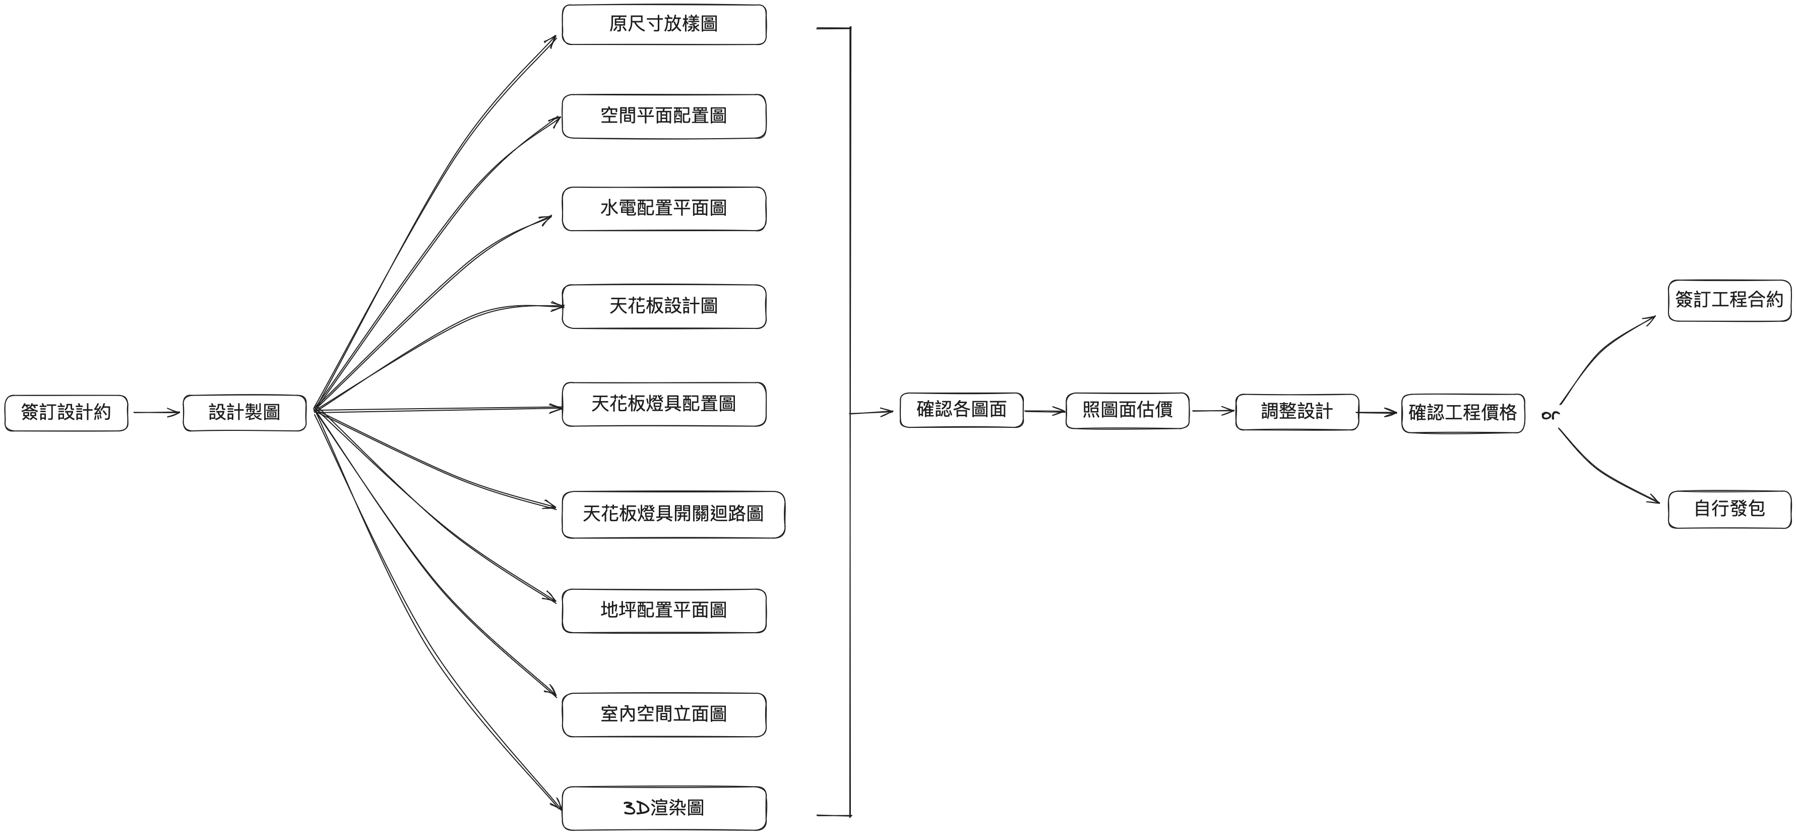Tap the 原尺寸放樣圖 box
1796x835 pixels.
(664, 24)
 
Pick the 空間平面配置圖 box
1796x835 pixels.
(664, 116)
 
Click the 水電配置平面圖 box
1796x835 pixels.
(664, 208)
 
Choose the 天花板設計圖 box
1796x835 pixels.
(664, 306)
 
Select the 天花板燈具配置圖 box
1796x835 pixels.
(664, 404)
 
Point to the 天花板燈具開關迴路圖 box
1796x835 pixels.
(673, 514)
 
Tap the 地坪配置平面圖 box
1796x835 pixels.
(664, 610)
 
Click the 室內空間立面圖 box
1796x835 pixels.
(664, 714)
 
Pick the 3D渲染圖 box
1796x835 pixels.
(664, 808)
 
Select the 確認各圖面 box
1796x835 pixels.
(961, 410)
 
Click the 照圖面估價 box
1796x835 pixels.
(1128, 410)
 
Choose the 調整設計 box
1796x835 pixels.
(1297, 412)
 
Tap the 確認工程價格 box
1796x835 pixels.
(1463, 413)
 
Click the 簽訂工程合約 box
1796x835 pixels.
(1729, 300)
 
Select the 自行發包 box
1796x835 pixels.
(1729, 509)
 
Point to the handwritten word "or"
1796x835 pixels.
(1550, 415)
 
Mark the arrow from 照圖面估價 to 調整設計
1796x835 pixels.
(1213, 411)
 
